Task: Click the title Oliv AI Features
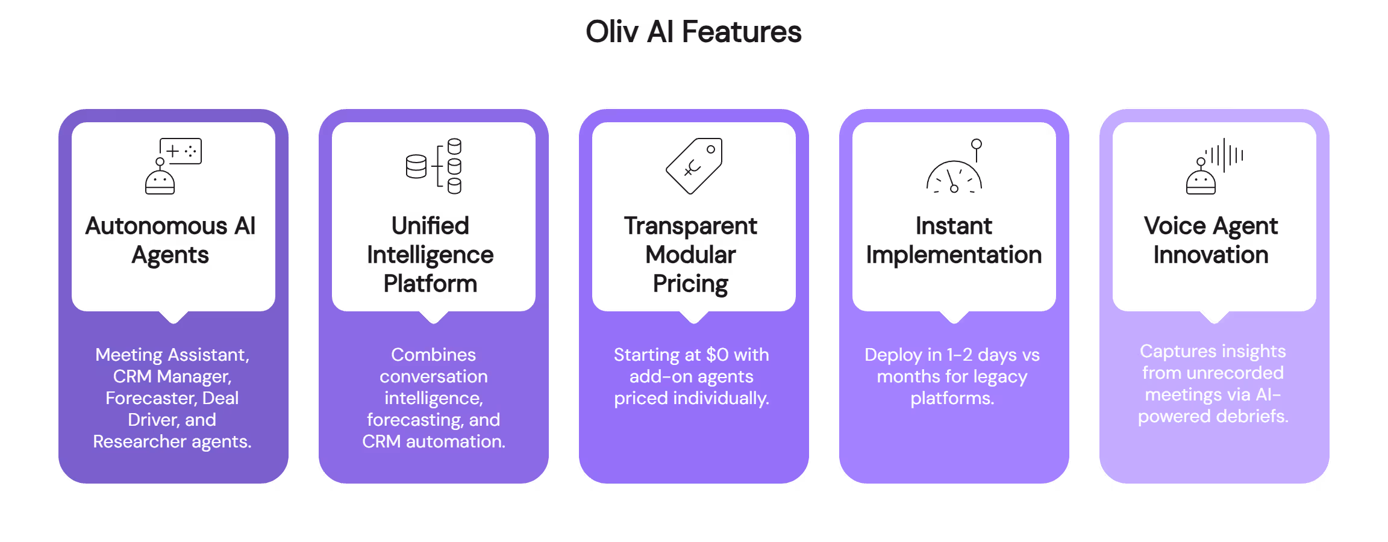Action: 693,32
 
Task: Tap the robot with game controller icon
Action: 173,166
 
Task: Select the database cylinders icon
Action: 434,166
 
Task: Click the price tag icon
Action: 694,166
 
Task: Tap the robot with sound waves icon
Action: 1213,166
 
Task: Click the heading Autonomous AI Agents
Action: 170,240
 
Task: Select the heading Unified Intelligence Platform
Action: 431,255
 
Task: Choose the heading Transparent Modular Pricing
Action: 691,255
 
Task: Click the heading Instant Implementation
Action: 954,240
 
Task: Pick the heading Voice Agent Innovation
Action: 1211,240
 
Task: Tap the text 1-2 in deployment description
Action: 959,355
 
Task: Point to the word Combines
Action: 433,355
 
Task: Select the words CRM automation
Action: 433,441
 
